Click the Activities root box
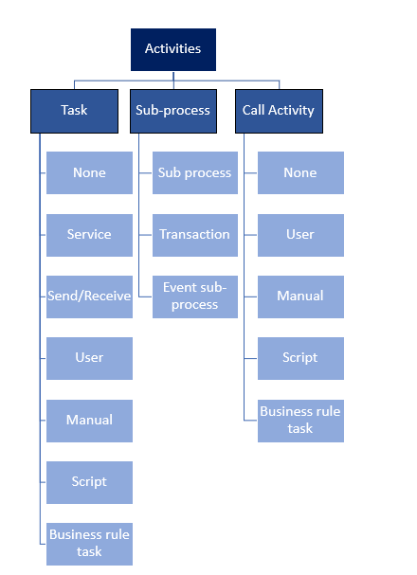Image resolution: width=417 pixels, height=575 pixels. point(172,49)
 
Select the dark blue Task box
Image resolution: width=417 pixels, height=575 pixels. point(74,111)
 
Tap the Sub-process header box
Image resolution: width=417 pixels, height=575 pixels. point(172,111)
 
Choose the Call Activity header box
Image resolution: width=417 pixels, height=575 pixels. point(279,111)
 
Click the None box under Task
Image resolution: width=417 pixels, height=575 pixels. point(89,172)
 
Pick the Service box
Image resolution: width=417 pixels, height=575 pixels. point(89,234)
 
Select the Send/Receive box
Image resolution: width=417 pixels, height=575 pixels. point(89,296)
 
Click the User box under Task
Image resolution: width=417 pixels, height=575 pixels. point(89,358)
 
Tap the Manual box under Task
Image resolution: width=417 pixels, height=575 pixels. point(89,420)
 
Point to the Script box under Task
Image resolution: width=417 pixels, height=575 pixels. point(89,481)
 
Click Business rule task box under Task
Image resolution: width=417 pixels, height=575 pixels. point(89,543)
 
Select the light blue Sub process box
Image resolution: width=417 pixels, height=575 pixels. point(194,172)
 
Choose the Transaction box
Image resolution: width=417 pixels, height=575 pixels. point(194,234)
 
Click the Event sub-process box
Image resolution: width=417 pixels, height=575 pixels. point(194,296)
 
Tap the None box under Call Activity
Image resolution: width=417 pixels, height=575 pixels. point(300,172)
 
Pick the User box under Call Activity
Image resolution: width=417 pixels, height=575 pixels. point(300,234)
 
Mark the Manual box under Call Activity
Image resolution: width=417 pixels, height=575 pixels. point(300,296)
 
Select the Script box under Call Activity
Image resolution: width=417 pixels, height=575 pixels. point(300,358)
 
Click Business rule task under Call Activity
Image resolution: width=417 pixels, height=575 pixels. point(300,420)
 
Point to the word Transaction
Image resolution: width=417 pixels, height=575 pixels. point(194,235)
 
